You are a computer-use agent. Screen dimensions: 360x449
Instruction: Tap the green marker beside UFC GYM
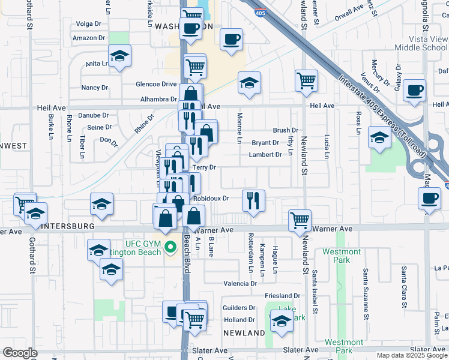click(x=170, y=247)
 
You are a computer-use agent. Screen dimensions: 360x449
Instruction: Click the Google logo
click(x=20, y=353)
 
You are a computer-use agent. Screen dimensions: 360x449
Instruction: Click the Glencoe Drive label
click(x=156, y=84)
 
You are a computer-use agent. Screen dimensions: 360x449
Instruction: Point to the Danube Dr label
click(x=96, y=115)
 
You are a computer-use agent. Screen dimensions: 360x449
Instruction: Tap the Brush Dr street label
click(x=285, y=130)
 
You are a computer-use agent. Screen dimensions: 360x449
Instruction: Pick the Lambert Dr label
click(x=265, y=155)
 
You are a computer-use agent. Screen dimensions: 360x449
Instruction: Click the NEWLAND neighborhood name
click(x=244, y=332)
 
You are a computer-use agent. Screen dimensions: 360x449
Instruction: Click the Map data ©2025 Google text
click(x=411, y=355)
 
